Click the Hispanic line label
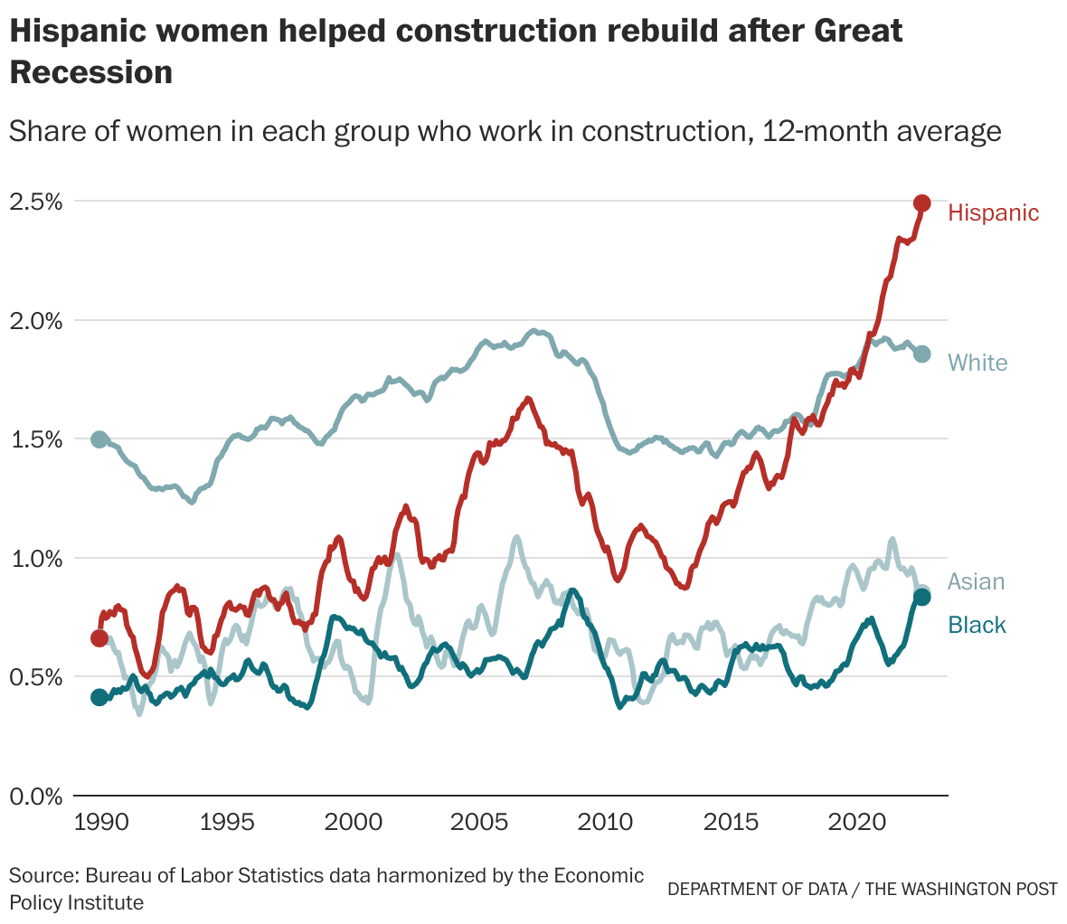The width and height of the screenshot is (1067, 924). pos(993,212)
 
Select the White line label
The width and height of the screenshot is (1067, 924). pos(977,363)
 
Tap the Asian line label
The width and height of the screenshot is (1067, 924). pos(976,581)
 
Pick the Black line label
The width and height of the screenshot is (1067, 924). pos(977,625)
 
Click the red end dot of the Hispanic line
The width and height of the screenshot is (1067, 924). pos(921,203)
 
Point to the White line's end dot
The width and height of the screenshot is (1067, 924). pos(921,354)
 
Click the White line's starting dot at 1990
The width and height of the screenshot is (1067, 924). pos(99,439)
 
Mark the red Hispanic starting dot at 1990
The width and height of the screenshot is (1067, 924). pos(99,638)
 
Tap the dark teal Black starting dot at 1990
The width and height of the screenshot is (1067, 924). pos(99,696)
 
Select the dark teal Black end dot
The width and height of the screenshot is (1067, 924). pos(921,597)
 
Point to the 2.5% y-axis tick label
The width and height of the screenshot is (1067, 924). pos(36,202)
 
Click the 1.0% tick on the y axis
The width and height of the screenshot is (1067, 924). pos(36,559)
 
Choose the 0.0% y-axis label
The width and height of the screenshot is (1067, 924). pos(36,797)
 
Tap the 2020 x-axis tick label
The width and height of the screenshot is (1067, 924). pos(856,824)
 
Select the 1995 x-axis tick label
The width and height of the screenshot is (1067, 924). pos(226,824)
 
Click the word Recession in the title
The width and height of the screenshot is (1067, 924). pos(90,72)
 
